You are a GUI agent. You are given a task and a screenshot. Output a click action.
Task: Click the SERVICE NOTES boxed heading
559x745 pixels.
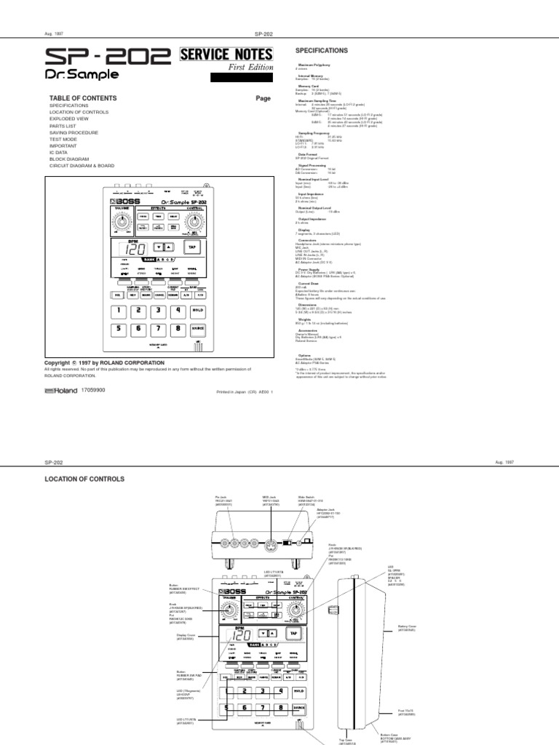click(226, 55)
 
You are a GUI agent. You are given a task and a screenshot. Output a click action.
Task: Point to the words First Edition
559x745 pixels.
click(252, 68)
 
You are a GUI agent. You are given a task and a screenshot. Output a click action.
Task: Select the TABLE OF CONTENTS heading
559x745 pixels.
click(82, 97)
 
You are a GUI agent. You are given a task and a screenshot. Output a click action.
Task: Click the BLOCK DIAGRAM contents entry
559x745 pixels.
click(70, 159)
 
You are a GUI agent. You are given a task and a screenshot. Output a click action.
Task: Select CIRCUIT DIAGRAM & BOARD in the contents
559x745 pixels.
click(82, 166)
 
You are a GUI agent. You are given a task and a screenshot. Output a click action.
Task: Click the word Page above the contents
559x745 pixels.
click(263, 97)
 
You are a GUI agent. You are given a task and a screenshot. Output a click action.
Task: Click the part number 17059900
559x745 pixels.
click(94, 391)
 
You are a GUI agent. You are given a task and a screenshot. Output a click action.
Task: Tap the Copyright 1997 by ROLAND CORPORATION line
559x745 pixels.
click(105, 362)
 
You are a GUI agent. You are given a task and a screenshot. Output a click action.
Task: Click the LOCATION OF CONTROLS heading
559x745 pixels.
click(85, 479)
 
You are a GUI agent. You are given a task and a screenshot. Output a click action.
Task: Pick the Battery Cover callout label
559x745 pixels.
click(406, 626)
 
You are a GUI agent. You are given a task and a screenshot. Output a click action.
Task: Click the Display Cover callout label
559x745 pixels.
click(186, 635)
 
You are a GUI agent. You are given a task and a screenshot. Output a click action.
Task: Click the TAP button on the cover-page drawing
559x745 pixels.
click(193, 247)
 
